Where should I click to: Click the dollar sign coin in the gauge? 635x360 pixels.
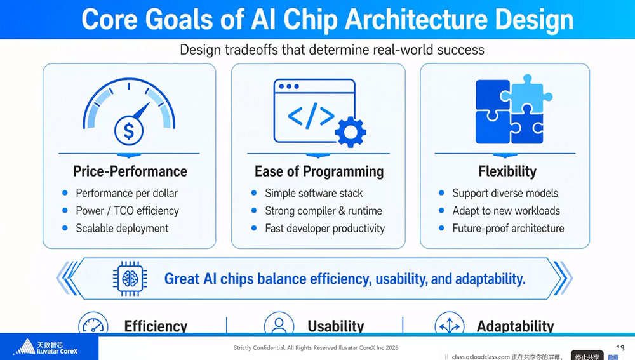[129, 131]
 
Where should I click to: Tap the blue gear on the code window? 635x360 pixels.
[351, 132]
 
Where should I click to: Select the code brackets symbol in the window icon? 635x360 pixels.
[311, 116]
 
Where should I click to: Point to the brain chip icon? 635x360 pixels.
[130, 279]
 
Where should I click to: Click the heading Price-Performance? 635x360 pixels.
[130, 171]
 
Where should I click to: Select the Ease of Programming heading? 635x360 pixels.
[319, 171]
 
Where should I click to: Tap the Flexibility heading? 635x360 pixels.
[507, 171]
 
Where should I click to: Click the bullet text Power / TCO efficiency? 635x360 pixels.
[127, 211]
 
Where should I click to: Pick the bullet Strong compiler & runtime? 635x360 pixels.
[324, 211]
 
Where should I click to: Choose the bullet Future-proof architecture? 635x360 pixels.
[508, 229]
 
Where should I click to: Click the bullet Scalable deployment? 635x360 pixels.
[122, 229]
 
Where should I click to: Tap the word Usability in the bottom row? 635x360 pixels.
[336, 326]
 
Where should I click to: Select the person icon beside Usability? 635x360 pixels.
[279, 324]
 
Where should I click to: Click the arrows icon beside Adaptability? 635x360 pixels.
[450, 324]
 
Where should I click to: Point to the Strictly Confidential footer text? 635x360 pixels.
[316, 347]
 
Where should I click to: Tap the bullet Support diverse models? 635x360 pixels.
[505, 193]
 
